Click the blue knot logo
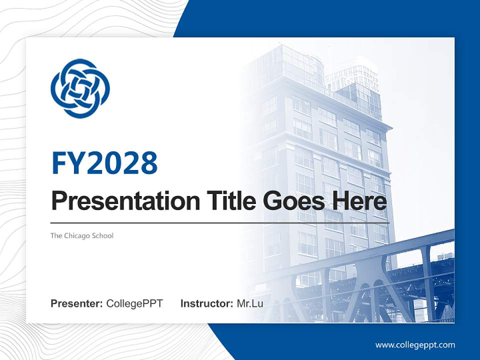pos(80,88)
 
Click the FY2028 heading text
pos(104,163)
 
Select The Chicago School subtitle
pos(81,235)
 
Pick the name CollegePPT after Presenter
pos(134,303)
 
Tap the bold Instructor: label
pos(206,303)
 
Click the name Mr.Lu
pos(250,303)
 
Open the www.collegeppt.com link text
pos(415,345)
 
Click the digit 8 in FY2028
pos(148,163)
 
